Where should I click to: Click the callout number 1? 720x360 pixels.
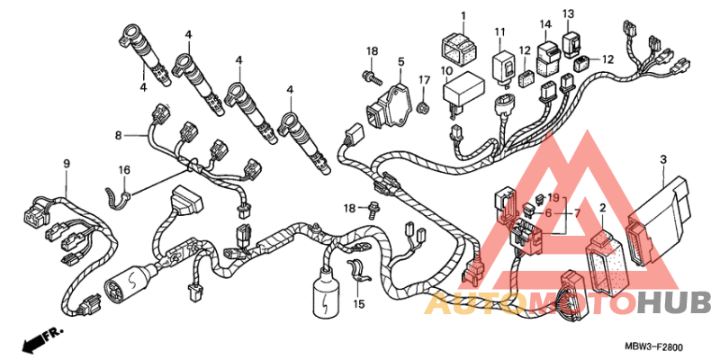pos(463,16)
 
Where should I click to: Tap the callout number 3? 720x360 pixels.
pos(602,208)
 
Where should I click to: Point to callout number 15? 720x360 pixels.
pos(359,305)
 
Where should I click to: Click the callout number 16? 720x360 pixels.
pos(125,169)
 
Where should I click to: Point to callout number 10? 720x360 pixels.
pos(445,70)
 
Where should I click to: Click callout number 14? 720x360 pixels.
pos(545,24)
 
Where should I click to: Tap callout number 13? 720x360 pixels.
pos(568,14)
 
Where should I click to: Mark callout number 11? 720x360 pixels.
pos(499,33)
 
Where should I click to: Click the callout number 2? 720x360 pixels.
pos(602,208)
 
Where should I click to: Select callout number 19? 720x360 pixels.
pos(553,197)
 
